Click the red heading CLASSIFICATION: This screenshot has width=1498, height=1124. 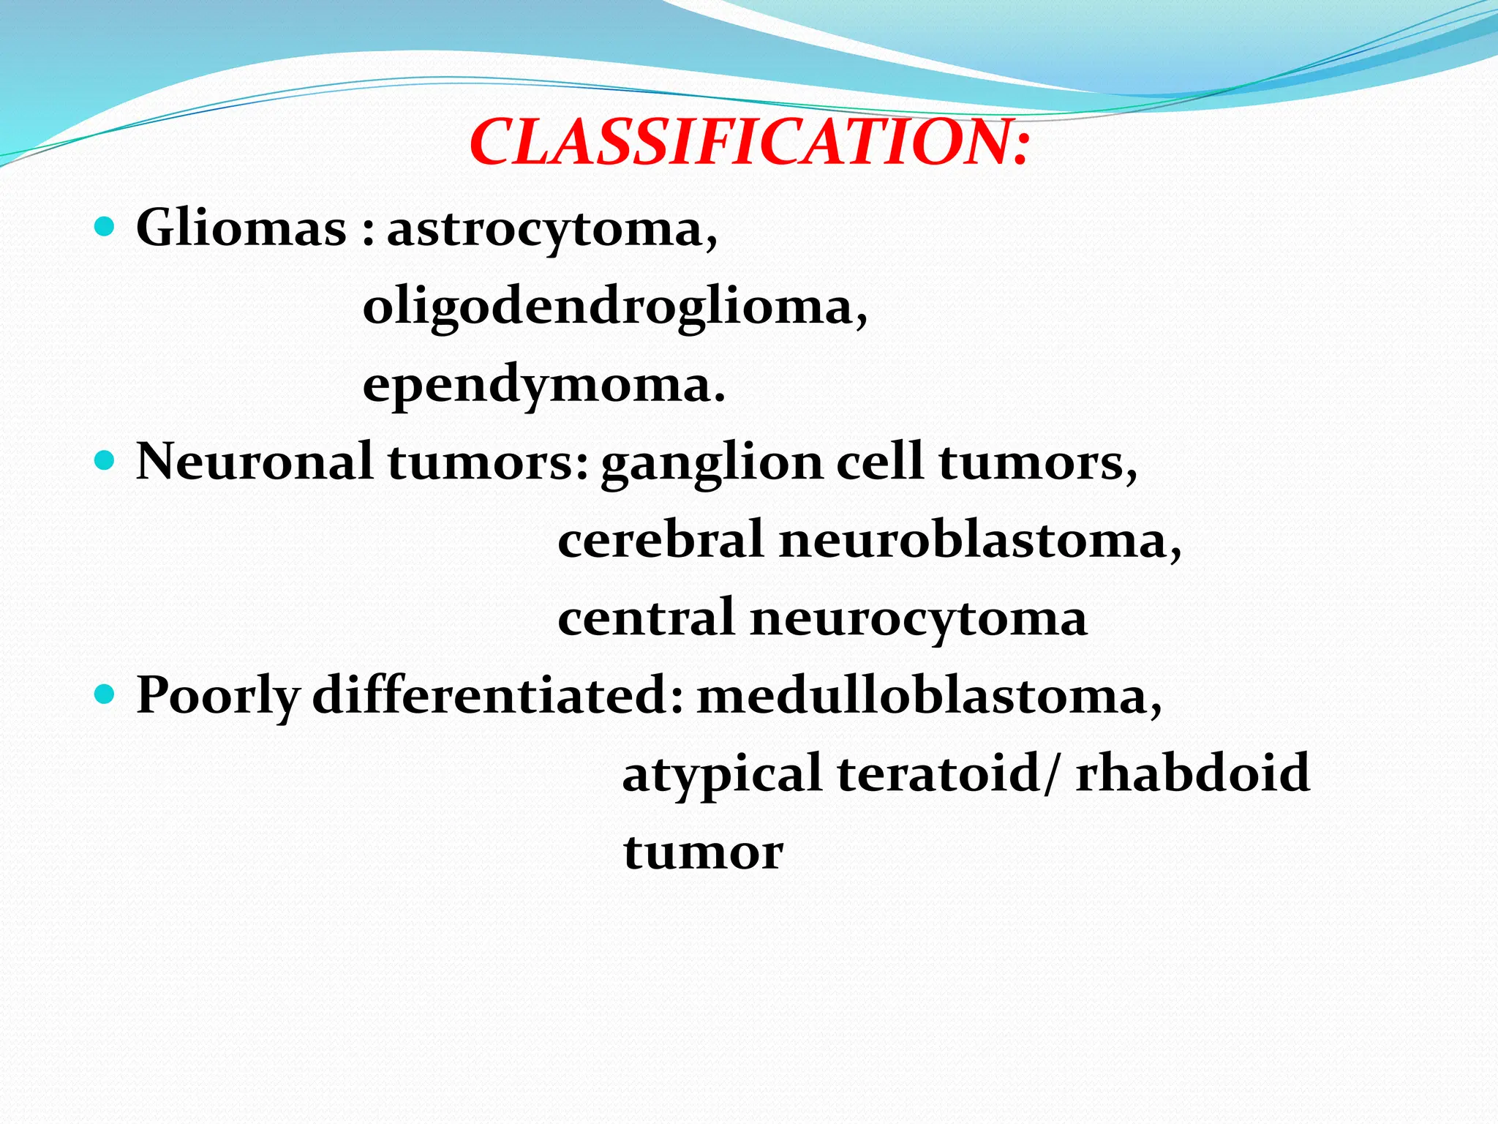[749, 142]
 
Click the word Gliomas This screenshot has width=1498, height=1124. [241, 228]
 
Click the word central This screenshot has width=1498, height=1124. [646, 618]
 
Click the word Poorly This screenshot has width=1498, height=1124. [218, 696]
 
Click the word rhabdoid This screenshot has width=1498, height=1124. [1192, 773]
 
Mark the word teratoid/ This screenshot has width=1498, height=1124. [948, 773]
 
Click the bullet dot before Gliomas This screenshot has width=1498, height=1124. [105, 227]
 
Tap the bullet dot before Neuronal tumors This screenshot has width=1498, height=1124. [105, 460]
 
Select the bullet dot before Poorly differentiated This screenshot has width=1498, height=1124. [105, 694]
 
